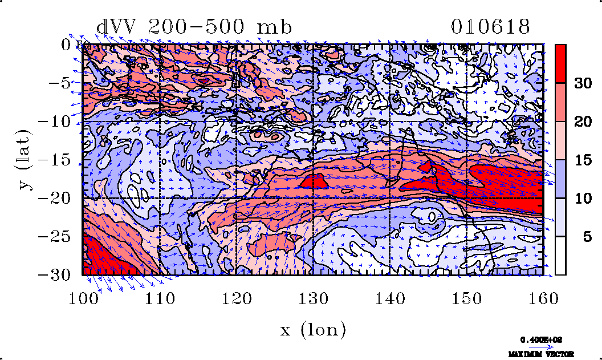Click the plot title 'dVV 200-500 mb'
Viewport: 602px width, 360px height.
[x=194, y=27]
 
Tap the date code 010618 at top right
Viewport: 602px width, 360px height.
[x=491, y=27]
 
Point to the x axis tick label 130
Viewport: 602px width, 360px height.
[x=313, y=297]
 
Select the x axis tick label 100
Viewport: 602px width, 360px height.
[x=83, y=297]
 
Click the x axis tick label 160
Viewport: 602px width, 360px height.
[x=543, y=297]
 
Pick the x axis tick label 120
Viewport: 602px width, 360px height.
[x=236, y=297]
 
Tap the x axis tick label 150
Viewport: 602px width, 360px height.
[x=466, y=297]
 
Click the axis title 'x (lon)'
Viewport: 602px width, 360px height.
[x=313, y=329]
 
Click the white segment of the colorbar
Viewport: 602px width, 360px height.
[x=560, y=256]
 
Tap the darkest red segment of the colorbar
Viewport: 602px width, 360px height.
[x=560, y=63]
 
